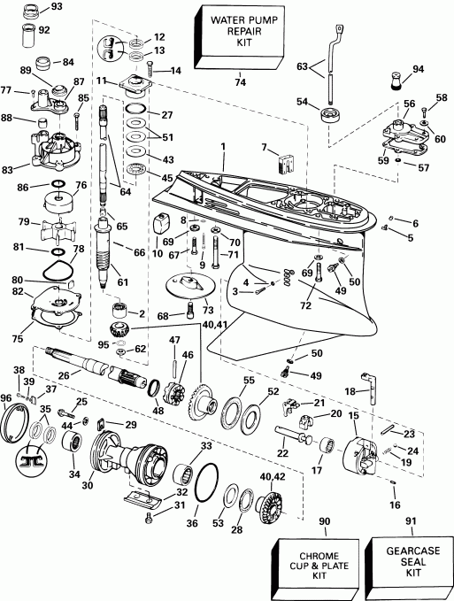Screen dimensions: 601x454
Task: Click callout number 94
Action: (x=419, y=69)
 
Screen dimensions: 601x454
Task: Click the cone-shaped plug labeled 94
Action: (x=396, y=84)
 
